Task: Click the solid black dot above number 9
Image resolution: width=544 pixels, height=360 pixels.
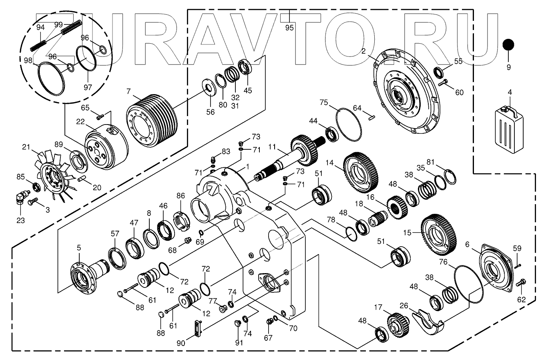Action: (508, 45)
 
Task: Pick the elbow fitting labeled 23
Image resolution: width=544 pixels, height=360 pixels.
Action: (21, 197)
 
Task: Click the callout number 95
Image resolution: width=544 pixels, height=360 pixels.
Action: (289, 28)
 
